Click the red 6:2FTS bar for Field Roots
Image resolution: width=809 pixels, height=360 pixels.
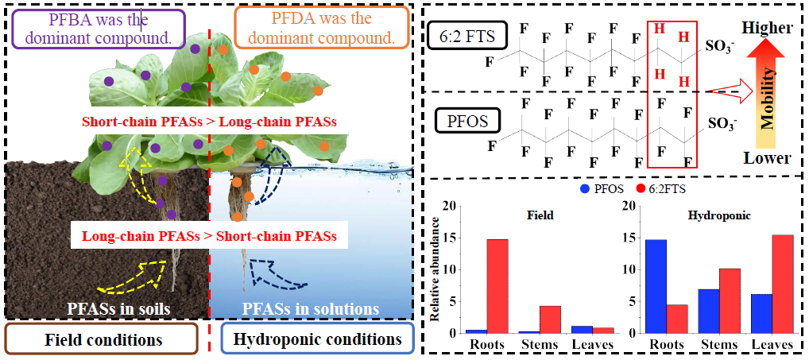click(497, 285)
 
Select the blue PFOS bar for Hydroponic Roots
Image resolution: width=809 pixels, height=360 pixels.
click(656, 285)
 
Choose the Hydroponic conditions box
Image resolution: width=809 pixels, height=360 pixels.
click(317, 339)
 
